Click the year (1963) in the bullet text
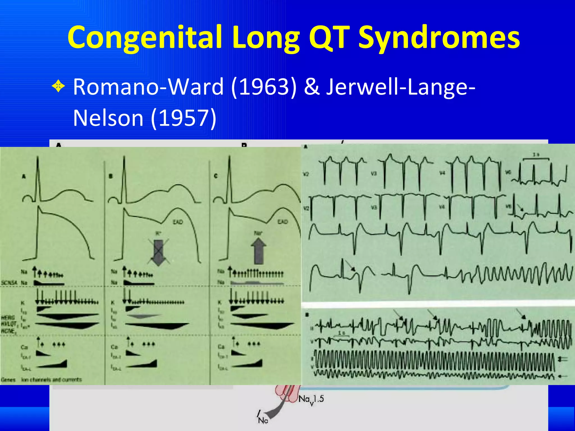tap(264, 87)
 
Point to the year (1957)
tap(184, 118)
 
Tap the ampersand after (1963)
tap(312, 87)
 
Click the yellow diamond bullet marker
tap(58, 87)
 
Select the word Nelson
tap(108, 118)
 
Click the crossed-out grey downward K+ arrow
tap(158, 252)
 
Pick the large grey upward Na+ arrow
tap(258, 251)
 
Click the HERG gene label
tap(8, 318)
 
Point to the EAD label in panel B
tap(178, 222)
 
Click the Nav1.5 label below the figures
tap(311, 399)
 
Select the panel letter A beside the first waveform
tap(24, 176)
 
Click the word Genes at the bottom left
tap(8, 380)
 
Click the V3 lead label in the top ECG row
tap(373, 174)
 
